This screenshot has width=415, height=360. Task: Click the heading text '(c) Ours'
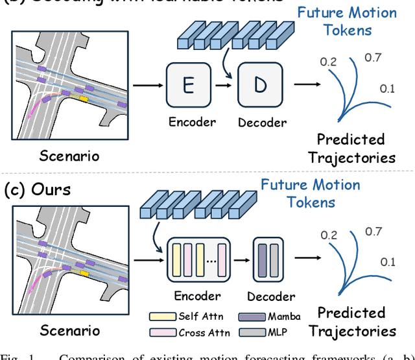[x=38, y=191]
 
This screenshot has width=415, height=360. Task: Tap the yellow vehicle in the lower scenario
[x=84, y=273]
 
